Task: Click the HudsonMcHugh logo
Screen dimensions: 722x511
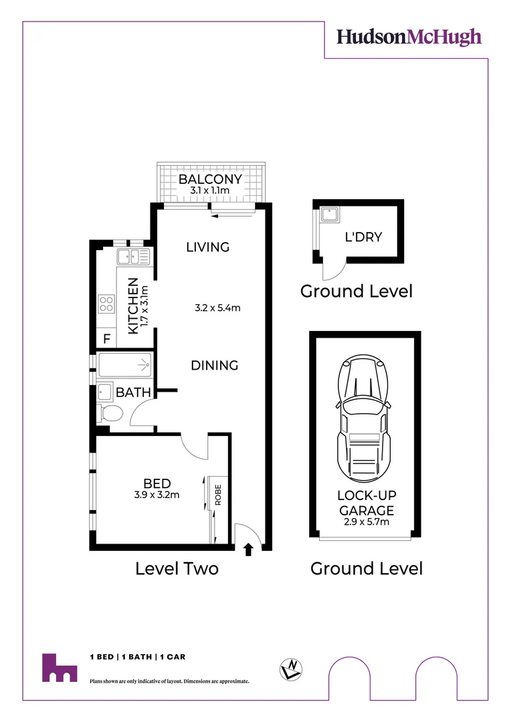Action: click(x=409, y=36)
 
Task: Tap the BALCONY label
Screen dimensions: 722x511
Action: click(x=210, y=180)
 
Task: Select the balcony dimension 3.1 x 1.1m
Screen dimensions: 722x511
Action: click(x=210, y=191)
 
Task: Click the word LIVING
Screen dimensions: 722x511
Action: click(x=207, y=247)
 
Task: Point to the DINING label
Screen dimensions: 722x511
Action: click(x=215, y=366)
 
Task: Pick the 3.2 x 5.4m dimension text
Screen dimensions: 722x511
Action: click(x=217, y=308)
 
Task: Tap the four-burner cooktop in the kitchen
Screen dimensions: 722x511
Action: click(x=107, y=305)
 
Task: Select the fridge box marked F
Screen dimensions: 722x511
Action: click(x=106, y=339)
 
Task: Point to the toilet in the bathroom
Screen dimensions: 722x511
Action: click(x=109, y=412)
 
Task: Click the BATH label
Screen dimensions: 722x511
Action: click(x=133, y=392)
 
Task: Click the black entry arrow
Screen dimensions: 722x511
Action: click(x=248, y=550)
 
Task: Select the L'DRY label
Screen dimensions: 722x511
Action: click(x=363, y=237)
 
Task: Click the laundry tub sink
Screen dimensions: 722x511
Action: click(x=330, y=215)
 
